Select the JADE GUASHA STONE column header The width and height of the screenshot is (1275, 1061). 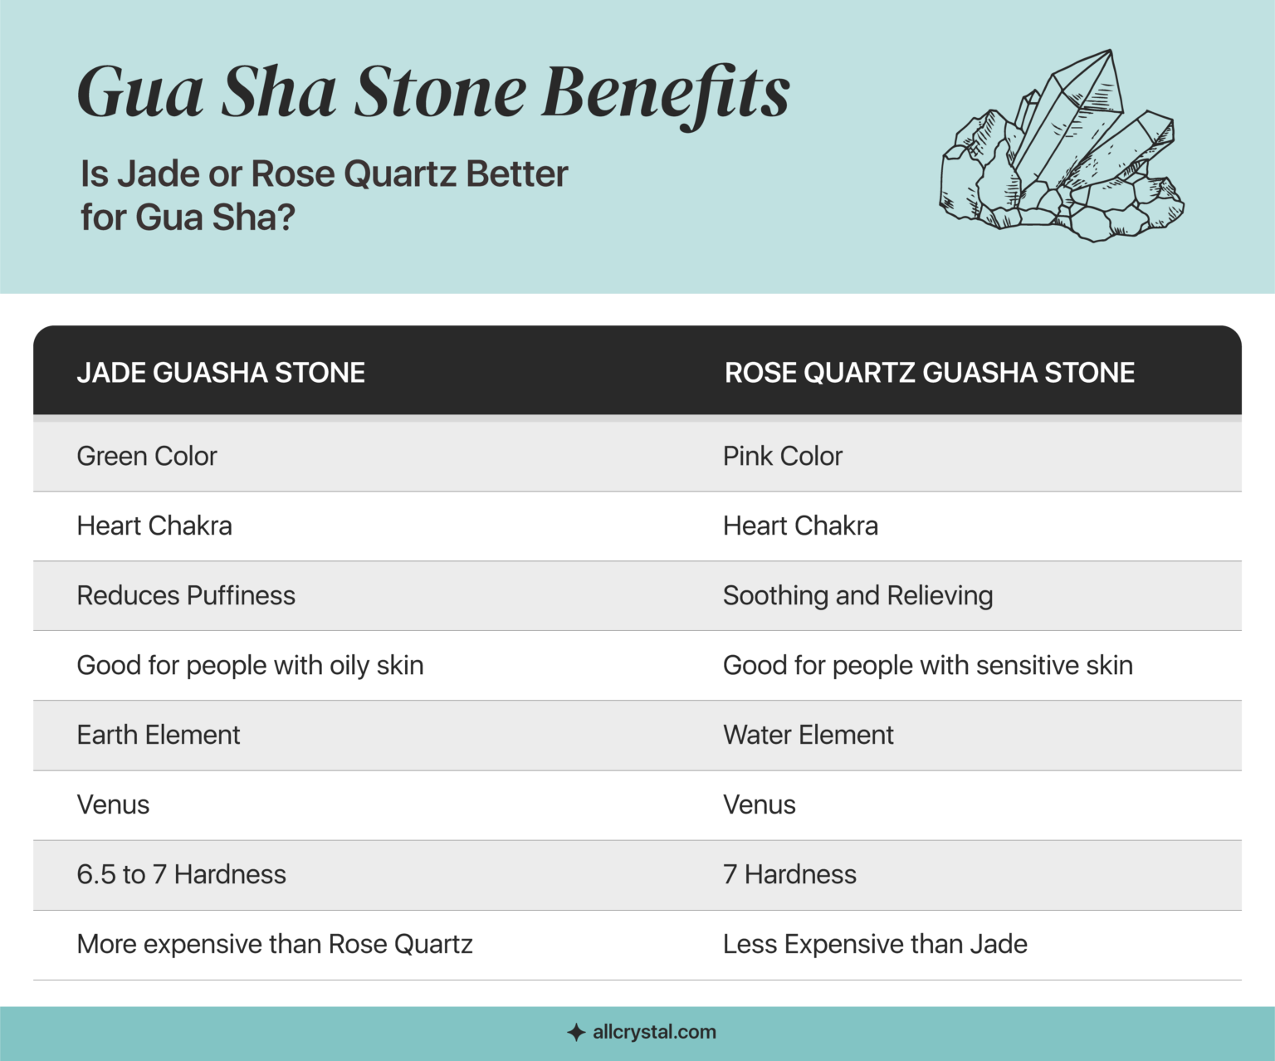coord(221,373)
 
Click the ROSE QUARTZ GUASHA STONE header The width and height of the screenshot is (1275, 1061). coord(930,373)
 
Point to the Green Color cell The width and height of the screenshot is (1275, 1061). coord(147,456)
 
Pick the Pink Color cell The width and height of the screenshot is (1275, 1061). coord(783,456)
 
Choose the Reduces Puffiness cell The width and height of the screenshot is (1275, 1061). coord(186,595)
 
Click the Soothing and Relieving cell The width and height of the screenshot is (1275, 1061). coord(857,595)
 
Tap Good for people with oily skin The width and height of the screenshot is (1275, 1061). coord(250,665)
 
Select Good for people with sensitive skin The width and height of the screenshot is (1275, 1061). coord(927,665)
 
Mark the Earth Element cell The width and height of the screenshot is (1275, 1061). coord(159,735)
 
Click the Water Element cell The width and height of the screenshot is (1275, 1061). coord(808,735)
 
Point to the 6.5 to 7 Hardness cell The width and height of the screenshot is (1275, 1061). coord(181,874)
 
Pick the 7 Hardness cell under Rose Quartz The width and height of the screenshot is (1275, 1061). coord(789,874)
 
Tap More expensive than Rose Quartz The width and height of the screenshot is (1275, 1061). coord(275,944)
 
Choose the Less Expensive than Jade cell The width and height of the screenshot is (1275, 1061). coord(875,944)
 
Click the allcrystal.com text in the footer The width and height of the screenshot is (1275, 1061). coord(654,1032)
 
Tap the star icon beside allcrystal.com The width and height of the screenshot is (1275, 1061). coord(576,1033)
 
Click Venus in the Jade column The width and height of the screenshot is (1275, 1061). coord(113,804)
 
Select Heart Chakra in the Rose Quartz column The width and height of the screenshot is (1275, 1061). coord(800,526)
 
